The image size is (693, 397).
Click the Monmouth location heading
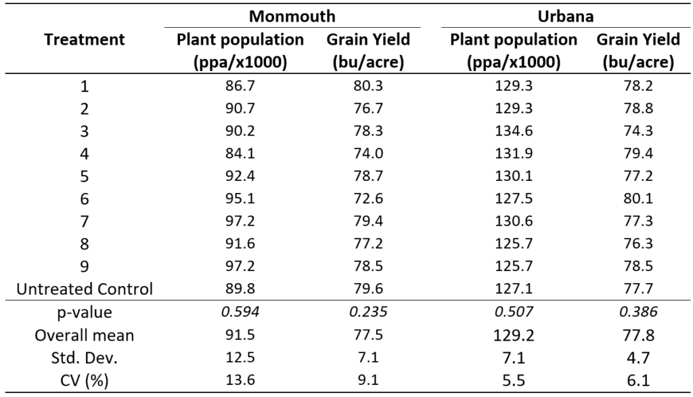[x=292, y=14]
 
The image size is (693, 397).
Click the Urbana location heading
[x=566, y=14]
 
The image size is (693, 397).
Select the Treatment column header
[x=85, y=40]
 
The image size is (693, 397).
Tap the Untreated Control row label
[x=85, y=289]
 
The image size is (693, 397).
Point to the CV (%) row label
[x=85, y=381]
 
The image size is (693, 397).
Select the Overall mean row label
[x=85, y=336]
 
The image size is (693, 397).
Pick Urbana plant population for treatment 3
[x=514, y=132]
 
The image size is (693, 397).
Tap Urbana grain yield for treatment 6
[x=637, y=200]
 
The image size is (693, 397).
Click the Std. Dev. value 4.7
[x=637, y=358]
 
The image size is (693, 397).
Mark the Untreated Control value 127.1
[x=514, y=289]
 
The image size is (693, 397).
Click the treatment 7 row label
[x=85, y=222]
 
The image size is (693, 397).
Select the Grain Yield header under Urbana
[x=638, y=51]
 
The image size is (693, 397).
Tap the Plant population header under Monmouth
[x=240, y=51]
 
